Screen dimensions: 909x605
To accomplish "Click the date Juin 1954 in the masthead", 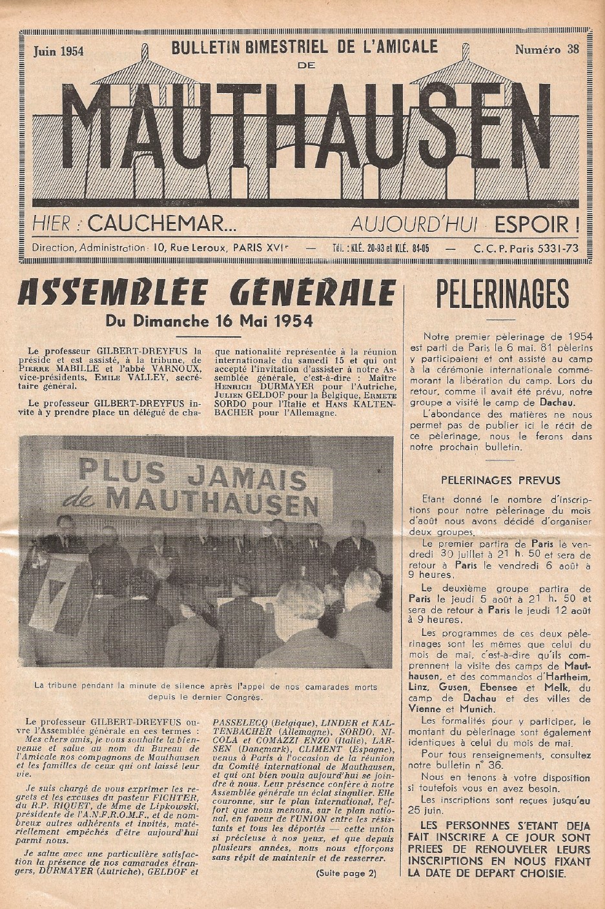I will pyautogui.click(x=58, y=52).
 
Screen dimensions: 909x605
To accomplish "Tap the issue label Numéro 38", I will pyautogui.click(x=546, y=50).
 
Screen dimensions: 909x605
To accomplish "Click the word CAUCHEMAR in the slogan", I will pyautogui.click(x=162, y=224).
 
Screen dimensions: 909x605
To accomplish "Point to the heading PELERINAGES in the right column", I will pyautogui.click(x=502, y=295).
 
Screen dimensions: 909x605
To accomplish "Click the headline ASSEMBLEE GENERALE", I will pyautogui.click(x=207, y=294).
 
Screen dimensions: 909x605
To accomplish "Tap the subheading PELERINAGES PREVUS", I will pyautogui.click(x=500, y=480).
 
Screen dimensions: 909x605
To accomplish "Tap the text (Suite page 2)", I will pyautogui.click(x=345, y=873).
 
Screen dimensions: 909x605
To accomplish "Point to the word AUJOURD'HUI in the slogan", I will pyautogui.click(x=413, y=224).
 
